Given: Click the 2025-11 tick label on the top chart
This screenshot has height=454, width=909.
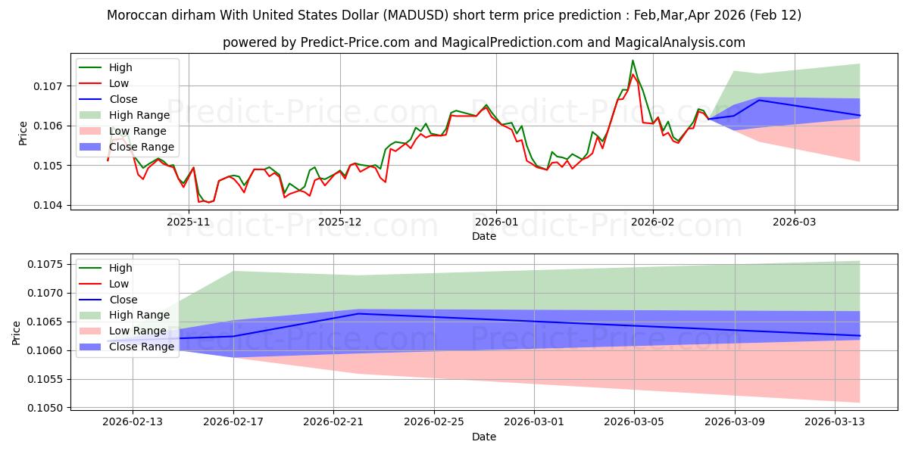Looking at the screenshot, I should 188,222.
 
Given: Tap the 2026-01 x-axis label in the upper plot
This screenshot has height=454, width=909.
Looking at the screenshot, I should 496,222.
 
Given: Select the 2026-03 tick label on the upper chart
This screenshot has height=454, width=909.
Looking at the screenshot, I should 794,222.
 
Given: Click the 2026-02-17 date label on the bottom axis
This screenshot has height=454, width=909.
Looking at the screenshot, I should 233,421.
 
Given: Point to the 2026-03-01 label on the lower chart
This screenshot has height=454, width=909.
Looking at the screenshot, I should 534,421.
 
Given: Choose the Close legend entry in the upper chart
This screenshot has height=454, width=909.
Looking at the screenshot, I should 123,99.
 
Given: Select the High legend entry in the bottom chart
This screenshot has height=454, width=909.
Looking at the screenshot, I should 120,268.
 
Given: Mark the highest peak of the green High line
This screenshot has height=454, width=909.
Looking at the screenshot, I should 633,61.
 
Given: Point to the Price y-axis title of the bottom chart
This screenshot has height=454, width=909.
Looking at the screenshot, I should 17,331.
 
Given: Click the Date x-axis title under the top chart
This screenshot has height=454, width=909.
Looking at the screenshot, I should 484,236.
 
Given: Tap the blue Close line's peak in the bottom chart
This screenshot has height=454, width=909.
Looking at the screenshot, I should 358,313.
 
